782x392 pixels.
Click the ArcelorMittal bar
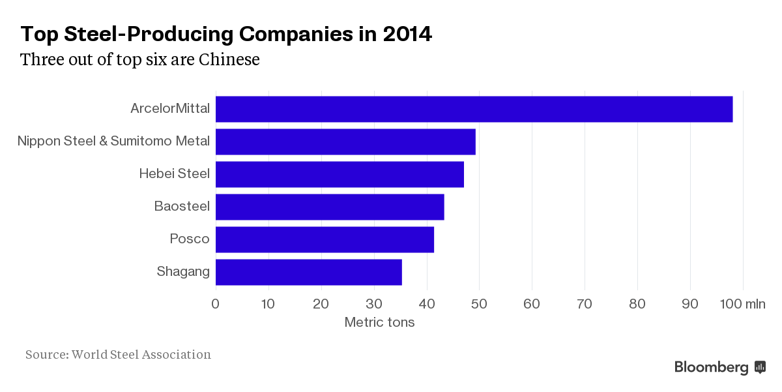[474, 109]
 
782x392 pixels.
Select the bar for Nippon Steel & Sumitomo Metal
[345, 142]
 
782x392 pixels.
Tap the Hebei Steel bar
[340, 174]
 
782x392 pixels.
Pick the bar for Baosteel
[330, 207]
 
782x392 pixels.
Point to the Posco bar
[325, 239]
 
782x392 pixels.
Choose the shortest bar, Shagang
[308, 272]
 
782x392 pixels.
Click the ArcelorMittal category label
[170, 108]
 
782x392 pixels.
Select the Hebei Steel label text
[174, 173]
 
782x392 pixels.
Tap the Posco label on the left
[190, 239]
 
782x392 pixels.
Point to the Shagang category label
[183, 271]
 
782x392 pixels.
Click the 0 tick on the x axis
[216, 303]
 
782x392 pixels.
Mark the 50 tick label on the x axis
[479, 303]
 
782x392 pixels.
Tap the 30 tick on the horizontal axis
[373, 303]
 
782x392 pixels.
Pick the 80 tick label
[637, 303]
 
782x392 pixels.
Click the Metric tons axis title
[379, 322]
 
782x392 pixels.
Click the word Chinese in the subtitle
[229, 59]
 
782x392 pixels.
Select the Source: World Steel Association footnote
[118, 355]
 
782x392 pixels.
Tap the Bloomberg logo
[719, 367]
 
